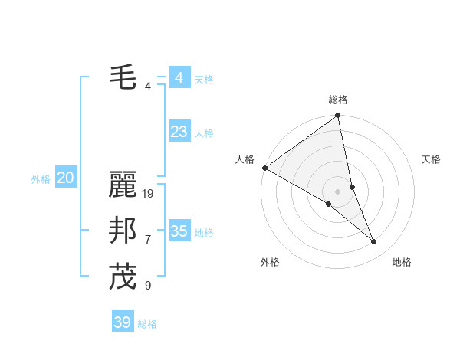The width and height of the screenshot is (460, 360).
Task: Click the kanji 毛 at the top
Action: point(123,77)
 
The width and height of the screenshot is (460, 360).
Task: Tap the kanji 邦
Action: point(123,231)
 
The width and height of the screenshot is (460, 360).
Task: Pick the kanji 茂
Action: point(123,277)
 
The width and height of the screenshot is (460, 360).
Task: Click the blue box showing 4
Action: point(179,78)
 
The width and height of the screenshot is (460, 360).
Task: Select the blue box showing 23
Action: point(179,132)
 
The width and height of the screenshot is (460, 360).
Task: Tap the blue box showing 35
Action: point(179,231)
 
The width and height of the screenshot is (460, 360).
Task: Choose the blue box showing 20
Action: point(65,178)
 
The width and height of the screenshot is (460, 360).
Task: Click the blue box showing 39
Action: point(123,322)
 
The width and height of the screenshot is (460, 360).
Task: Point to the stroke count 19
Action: point(149,194)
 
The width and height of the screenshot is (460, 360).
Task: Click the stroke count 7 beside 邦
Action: point(148,240)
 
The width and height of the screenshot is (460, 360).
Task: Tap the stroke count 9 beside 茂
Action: point(148,286)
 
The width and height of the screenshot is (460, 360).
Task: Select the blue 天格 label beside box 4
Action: point(204,80)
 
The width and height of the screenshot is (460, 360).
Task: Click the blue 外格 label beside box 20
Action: point(41,179)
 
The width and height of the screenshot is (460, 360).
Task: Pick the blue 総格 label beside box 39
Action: point(147,324)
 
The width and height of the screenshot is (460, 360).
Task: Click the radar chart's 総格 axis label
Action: point(338,100)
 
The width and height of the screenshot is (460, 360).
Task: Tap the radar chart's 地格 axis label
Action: point(402,262)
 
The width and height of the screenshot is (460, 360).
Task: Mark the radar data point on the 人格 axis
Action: point(264,168)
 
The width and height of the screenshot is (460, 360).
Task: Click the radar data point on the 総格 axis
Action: point(338,116)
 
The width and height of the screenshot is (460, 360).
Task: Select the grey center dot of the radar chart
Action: point(337,190)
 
